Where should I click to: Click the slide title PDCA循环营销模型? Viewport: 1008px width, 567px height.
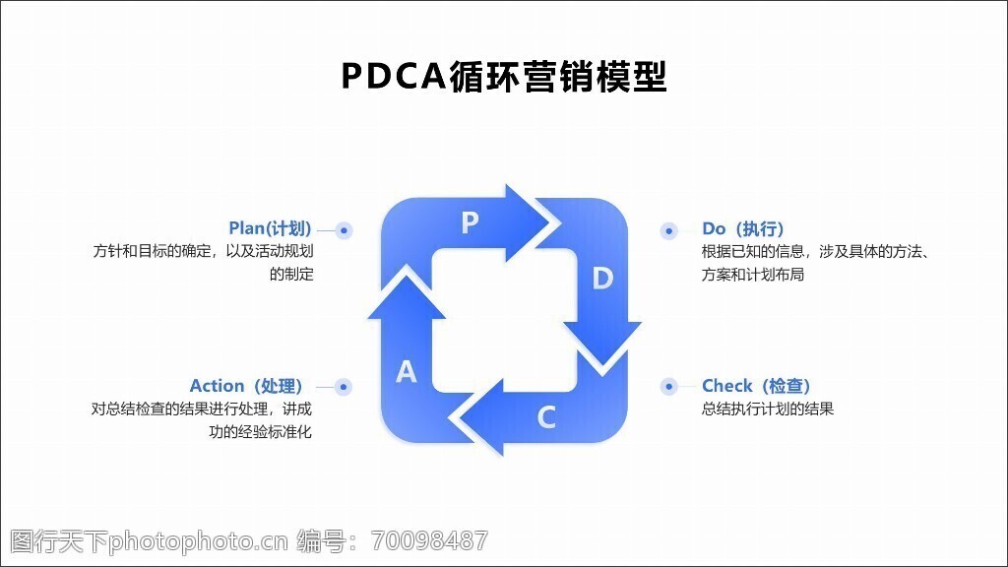tap(504, 76)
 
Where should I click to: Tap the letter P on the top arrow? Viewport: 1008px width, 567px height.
tap(470, 223)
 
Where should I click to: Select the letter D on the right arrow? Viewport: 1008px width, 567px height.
tap(602, 279)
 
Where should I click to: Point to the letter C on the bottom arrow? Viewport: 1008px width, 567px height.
tap(546, 417)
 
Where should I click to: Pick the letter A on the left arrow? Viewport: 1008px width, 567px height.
tap(407, 372)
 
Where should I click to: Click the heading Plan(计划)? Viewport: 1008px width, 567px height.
tap(270, 228)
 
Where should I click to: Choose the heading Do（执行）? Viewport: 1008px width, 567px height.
tap(743, 228)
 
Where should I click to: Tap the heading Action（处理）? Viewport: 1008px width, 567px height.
tap(246, 386)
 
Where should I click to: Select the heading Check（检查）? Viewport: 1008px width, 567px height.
tap(756, 386)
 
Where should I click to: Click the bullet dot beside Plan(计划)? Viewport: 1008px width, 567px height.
tap(344, 230)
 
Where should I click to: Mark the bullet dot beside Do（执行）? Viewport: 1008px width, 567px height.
tap(668, 230)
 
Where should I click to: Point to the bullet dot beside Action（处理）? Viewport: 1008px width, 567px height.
tap(344, 387)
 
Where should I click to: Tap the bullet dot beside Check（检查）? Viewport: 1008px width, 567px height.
tap(668, 387)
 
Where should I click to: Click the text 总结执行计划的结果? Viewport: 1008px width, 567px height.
tap(768, 409)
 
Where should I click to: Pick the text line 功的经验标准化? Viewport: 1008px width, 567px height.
tap(260, 431)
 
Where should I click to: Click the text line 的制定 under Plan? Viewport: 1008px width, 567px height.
tap(291, 275)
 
